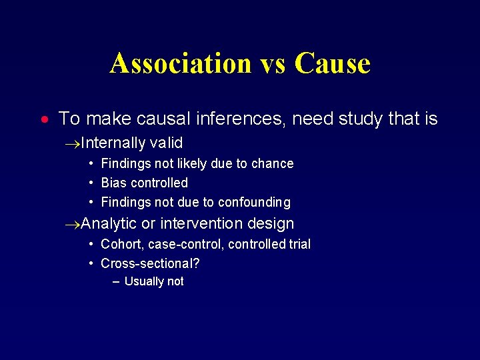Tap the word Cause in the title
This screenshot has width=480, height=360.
point(331,64)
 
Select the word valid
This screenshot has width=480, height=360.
point(167,143)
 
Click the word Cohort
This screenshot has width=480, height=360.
point(120,245)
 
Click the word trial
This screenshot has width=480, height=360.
point(298,245)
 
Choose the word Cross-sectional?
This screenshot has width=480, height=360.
point(150,263)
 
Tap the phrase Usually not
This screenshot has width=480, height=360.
point(154,281)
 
